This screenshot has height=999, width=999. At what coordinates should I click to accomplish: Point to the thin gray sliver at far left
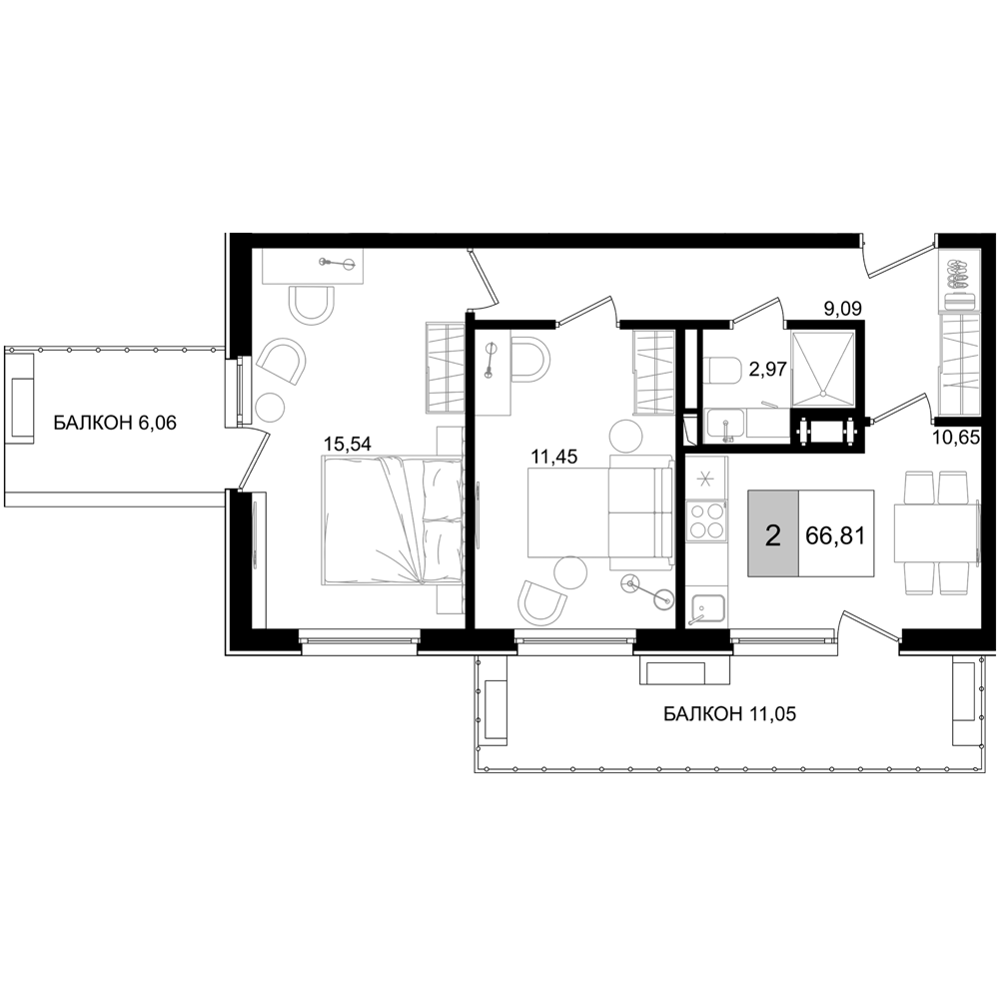(x=259, y=564)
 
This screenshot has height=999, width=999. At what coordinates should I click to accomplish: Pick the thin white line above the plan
(x=583, y=232)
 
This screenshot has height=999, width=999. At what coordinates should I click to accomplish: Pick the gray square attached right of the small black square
(x=821, y=370)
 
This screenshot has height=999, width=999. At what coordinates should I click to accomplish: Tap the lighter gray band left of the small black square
(x=726, y=396)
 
